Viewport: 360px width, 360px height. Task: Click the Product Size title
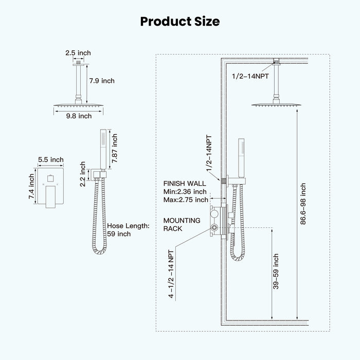[x=180, y=22]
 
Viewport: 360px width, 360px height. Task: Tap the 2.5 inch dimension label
[x=78, y=53]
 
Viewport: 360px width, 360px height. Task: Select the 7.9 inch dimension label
[x=102, y=81]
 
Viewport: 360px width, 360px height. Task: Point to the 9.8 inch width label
[x=79, y=116]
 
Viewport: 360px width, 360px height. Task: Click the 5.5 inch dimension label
[x=51, y=159]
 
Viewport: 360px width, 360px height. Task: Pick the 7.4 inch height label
[x=31, y=186]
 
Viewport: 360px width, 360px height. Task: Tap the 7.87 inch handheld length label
[x=114, y=148]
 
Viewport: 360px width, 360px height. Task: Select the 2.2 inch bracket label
[x=83, y=174]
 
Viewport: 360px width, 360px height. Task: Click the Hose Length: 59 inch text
[x=128, y=230]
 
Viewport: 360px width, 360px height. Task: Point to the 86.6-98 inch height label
[x=303, y=204]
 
